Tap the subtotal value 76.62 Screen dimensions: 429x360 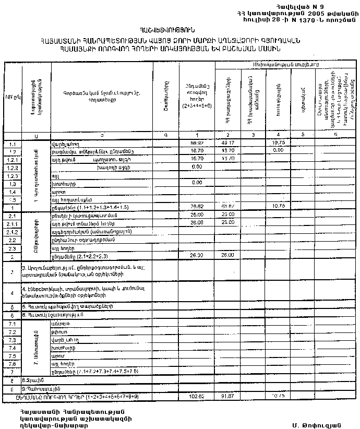click(x=196, y=207)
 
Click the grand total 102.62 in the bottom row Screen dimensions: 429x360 click(x=196, y=397)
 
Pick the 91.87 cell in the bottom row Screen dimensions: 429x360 click(x=227, y=397)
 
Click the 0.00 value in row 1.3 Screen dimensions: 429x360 click(x=196, y=183)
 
